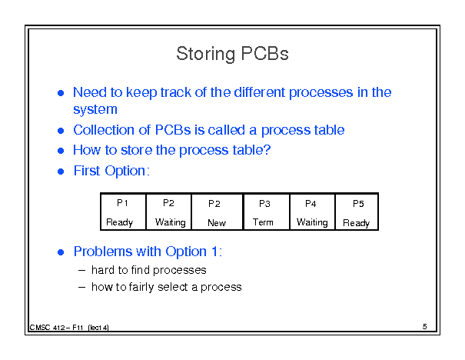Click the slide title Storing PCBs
coord(232,54)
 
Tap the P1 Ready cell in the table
coord(124,212)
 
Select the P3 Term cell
coord(266,212)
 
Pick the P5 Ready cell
coord(357,212)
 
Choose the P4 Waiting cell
coord(312,212)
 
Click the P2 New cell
coord(217,212)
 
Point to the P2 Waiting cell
coord(169,212)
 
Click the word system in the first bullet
coord(95,109)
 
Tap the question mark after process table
coord(267,149)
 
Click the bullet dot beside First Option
coord(61,172)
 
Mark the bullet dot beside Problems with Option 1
coord(61,252)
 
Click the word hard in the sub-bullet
coord(103,270)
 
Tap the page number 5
coord(425,326)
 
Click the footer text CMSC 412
coord(47,328)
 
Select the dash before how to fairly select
coord(81,287)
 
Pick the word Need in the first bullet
coord(90,92)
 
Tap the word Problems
coord(103,252)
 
